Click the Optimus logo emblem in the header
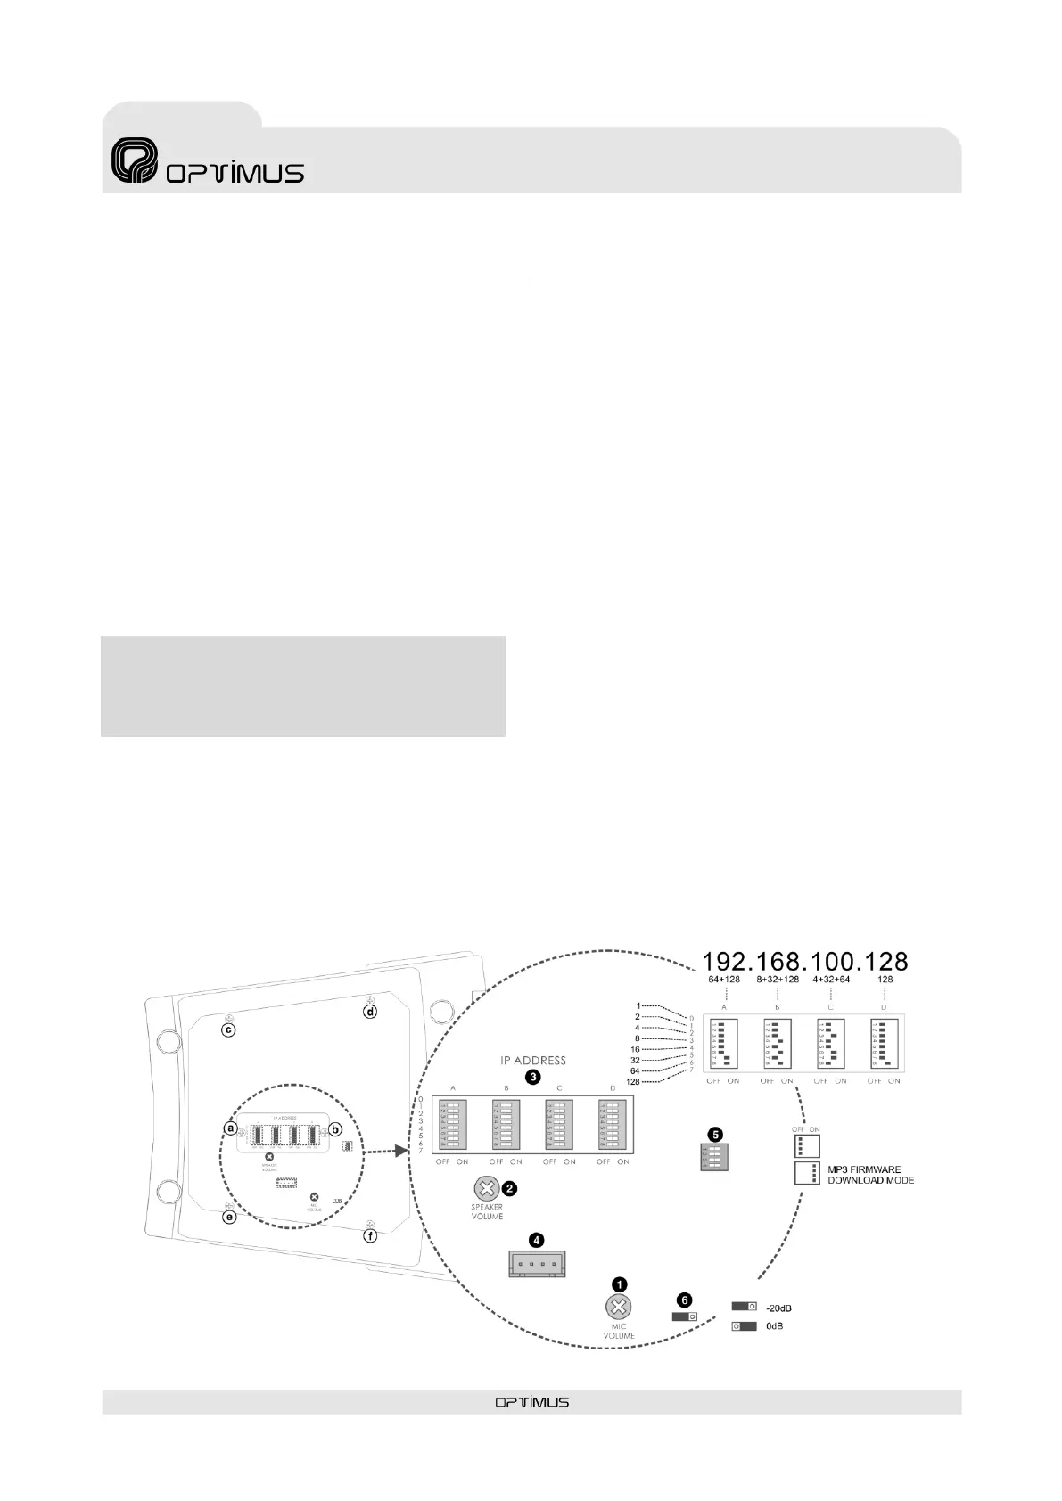134,161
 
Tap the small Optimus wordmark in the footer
531,1402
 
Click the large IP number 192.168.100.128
805,962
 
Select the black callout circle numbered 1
619,1284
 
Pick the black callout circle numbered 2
509,1188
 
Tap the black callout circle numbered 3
532,1077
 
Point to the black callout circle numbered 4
536,1240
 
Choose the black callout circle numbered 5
715,1135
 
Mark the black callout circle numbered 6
685,1300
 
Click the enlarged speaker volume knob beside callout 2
485,1188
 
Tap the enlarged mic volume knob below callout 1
618,1308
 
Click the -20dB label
778,1308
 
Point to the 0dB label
774,1326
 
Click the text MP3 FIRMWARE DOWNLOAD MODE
869,1175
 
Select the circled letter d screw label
370,1012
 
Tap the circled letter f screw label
370,1236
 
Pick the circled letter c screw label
229,1030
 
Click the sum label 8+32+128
778,979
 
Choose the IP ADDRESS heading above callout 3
532,1061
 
